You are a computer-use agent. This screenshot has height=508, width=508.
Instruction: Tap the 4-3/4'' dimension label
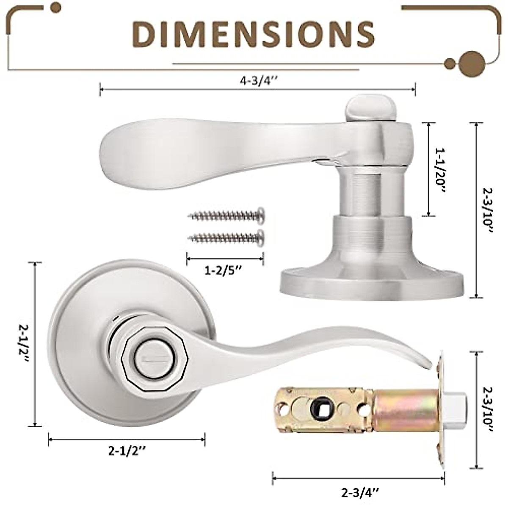pyautogui.click(x=258, y=80)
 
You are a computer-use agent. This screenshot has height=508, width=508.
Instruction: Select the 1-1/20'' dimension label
pyautogui.click(x=440, y=170)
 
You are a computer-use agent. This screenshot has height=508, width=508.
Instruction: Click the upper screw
pyautogui.click(x=227, y=216)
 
